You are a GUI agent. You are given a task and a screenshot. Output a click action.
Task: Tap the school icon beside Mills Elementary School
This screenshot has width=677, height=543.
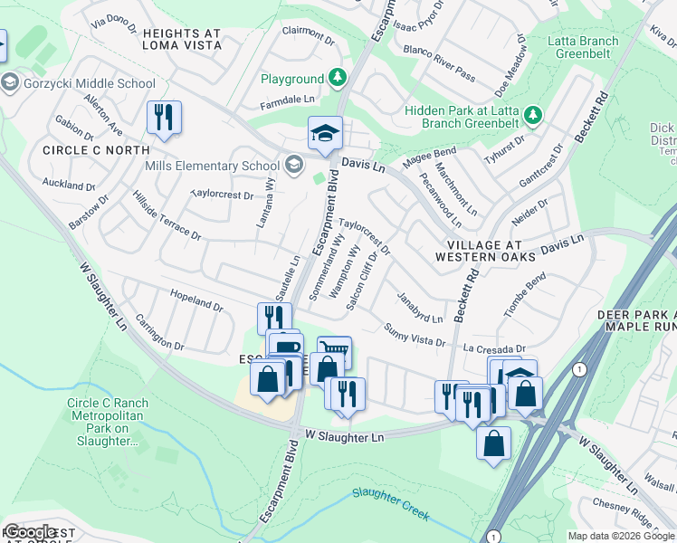click(293, 165)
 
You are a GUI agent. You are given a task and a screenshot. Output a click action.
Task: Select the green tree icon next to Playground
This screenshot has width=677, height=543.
click(338, 79)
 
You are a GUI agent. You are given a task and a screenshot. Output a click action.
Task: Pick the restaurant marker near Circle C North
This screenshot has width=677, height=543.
click(164, 118)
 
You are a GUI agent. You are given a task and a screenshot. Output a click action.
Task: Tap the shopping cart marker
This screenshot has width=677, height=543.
click(334, 349)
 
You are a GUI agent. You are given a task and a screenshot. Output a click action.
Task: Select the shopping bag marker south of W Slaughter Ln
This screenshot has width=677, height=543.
click(493, 443)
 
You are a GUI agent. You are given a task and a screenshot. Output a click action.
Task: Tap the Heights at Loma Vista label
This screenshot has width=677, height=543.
click(181, 38)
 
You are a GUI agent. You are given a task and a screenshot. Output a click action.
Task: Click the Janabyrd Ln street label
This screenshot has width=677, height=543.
click(418, 307)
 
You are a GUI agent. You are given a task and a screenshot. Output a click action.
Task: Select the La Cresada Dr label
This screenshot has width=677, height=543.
click(494, 348)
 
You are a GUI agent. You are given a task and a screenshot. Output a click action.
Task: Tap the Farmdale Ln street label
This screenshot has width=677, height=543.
click(287, 99)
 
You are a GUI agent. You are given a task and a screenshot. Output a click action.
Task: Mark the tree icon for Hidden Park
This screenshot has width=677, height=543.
click(534, 115)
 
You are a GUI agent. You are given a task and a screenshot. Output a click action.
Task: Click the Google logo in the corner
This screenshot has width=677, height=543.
click(30, 531)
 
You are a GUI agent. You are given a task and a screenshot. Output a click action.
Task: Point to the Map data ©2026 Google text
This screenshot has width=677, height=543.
click(621, 536)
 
